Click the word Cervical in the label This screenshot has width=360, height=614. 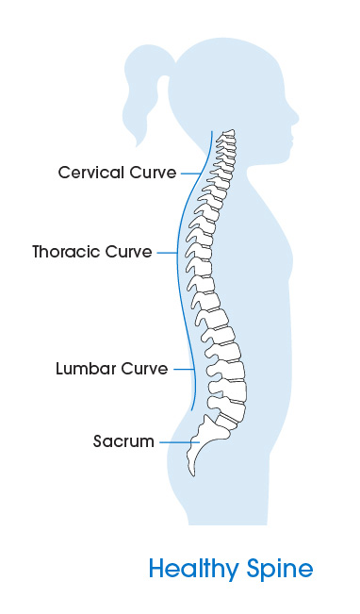coord(89,173)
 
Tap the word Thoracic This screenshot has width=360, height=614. coord(65,253)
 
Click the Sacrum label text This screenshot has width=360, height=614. coord(123,441)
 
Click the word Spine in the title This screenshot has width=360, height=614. coord(280,570)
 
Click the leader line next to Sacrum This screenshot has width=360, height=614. coord(176,441)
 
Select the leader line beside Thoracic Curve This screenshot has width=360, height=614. coord(168,253)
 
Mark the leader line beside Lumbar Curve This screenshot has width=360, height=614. coord(184,369)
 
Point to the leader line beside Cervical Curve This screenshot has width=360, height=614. coord(193,173)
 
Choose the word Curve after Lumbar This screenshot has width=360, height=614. coord(144,369)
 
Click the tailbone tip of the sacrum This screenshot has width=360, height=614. coord(190,471)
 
